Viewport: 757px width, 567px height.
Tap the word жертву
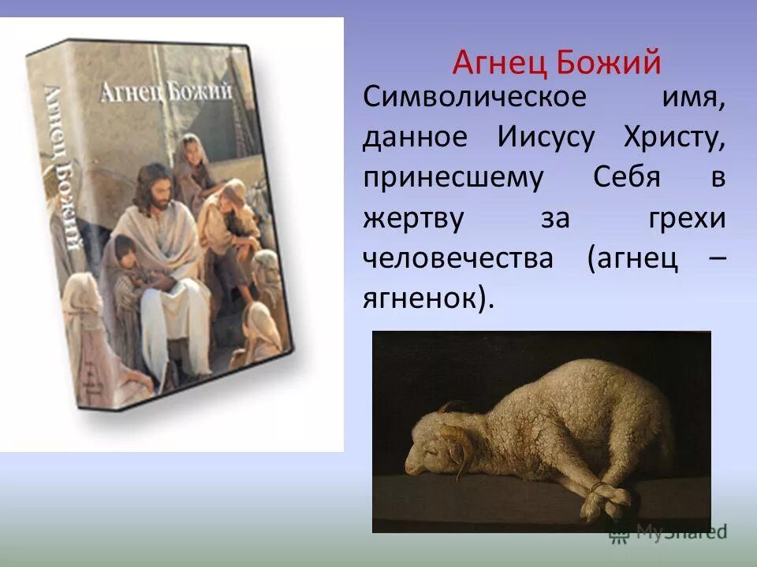coord(413,219)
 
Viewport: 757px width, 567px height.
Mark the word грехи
coord(687,219)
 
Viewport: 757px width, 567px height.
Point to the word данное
coord(415,139)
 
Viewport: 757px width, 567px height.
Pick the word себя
coord(626,179)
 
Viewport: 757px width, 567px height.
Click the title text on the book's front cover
coord(166,91)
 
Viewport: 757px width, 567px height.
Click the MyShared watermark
coord(667,532)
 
